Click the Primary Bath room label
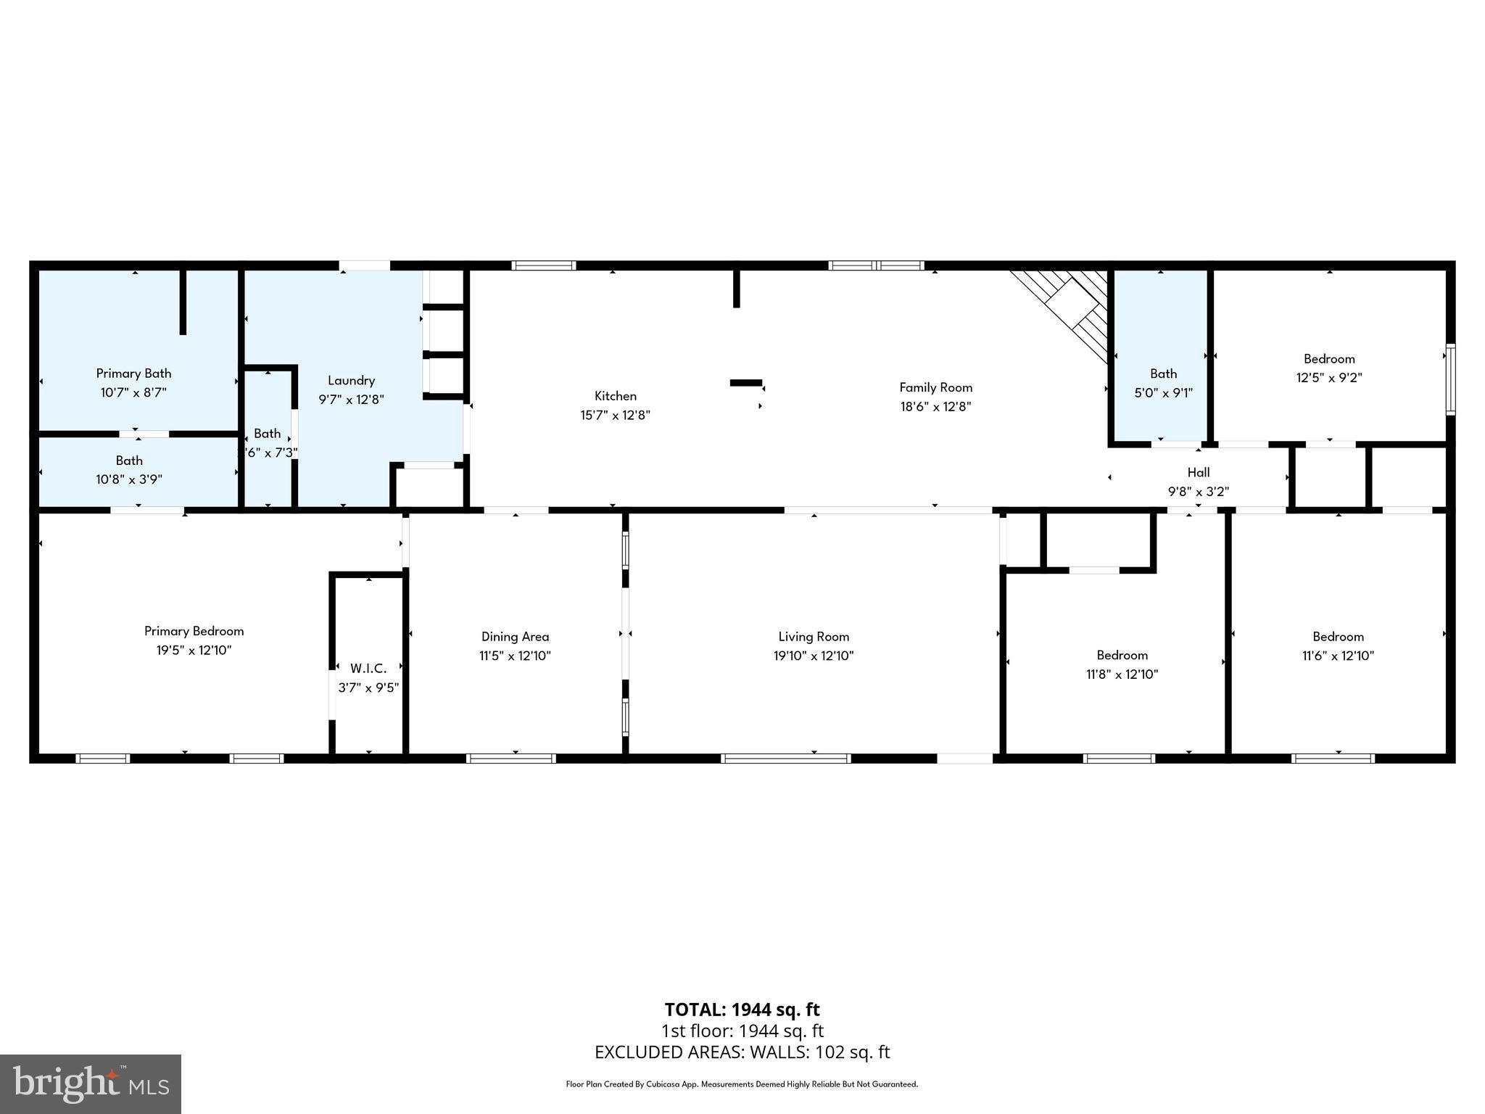(133, 374)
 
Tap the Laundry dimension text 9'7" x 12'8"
(351, 400)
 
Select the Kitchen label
(616, 396)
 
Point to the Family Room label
(935, 387)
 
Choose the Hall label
(1199, 473)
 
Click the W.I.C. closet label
(368, 668)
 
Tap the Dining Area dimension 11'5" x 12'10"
(515, 656)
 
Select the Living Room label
(814, 637)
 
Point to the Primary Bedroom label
(194, 631)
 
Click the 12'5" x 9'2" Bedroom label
(1329, 359)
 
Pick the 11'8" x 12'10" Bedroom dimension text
(1122, 674)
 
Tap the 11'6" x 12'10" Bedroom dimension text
(1338, 656)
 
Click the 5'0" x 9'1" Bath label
(1163, 374)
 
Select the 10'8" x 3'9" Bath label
(129, 461)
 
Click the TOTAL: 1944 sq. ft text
(742, 1010)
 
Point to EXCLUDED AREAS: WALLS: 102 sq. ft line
(742, 1052)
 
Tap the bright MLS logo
(91, 1084)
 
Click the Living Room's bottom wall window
(785, 759)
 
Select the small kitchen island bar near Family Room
(745, 382)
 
